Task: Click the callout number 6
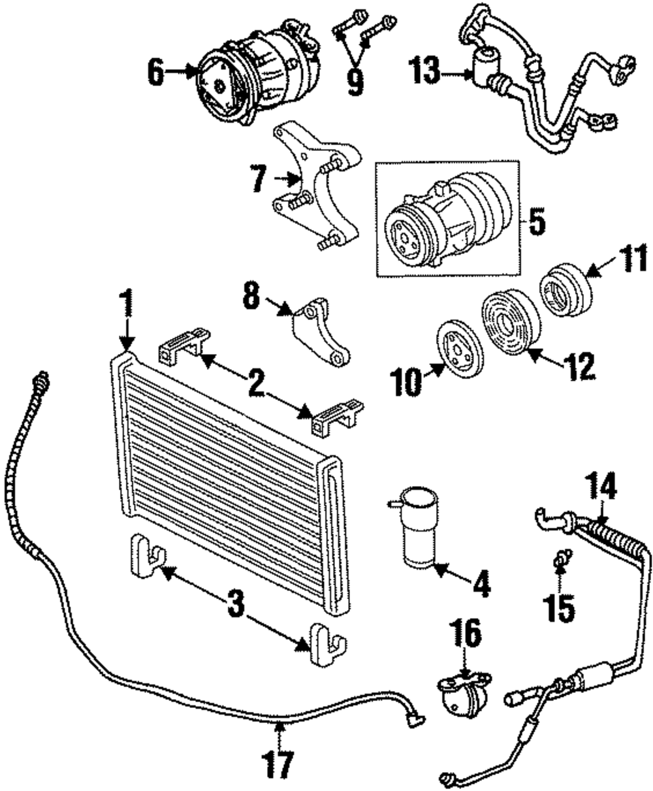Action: (x=156, y=73)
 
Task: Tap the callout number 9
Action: (x=355, y=82)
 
